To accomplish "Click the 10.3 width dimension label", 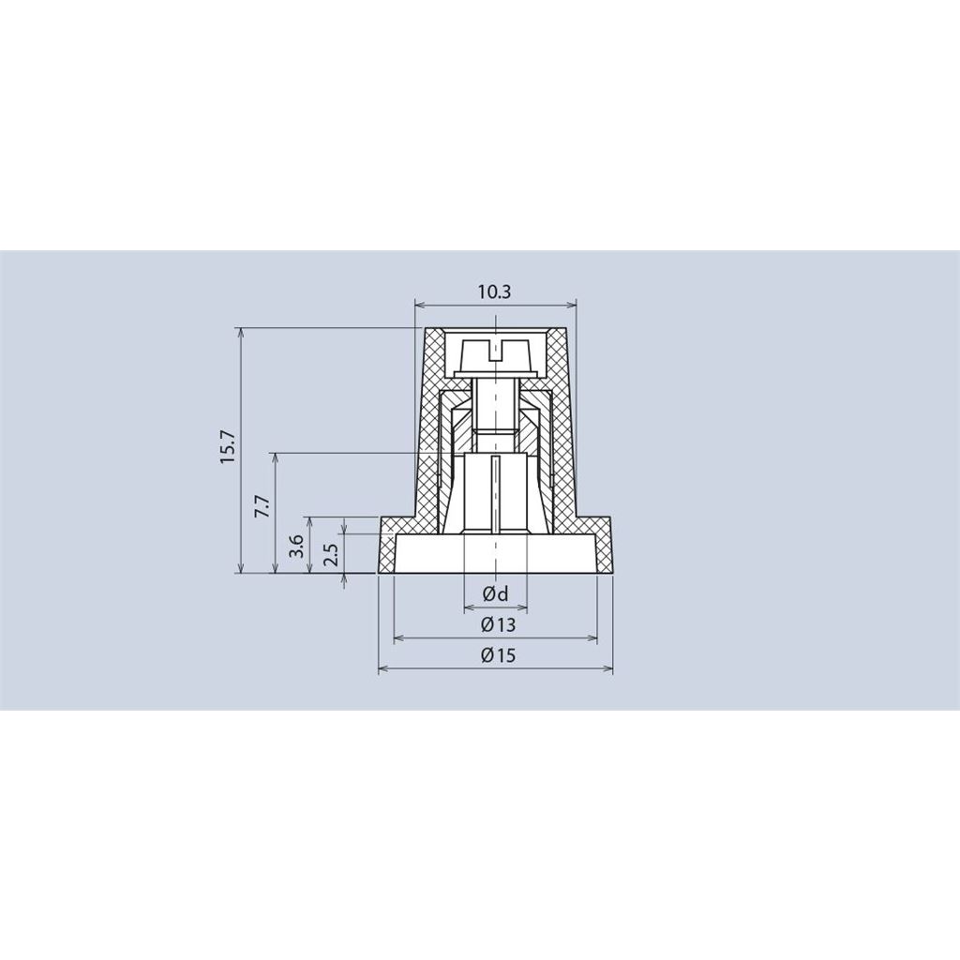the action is coord(495,292).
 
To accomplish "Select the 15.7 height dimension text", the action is coord(229,446).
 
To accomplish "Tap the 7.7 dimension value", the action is coord(262,507).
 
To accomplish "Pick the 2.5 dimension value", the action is coord(331,553).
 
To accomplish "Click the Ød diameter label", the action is coord(495,593).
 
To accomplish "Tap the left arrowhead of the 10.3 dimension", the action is coord(420,305).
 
